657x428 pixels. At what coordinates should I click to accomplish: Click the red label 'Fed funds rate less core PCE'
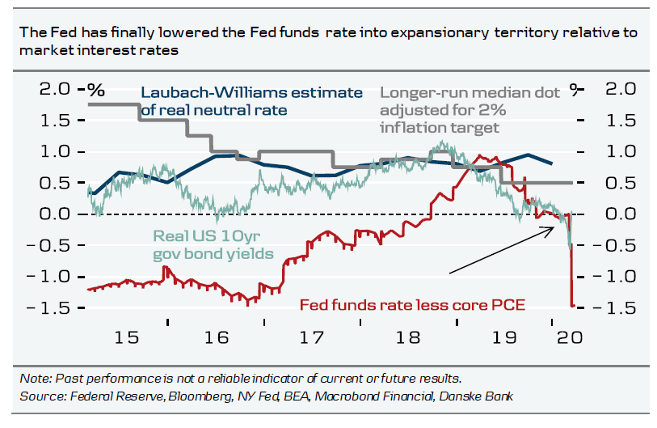click(x=413, y=305)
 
